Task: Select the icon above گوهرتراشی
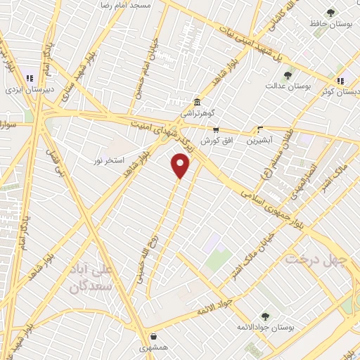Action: tap(195, 101)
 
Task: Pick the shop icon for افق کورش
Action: tap(216, 129)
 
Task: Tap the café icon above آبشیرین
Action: tap(259, 129)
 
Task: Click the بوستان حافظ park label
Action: tap(331, 24)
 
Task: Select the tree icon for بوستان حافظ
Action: tap(330, 12)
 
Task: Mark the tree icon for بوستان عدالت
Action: tap(288, 75)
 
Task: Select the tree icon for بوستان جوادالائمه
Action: tap(264, 316)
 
